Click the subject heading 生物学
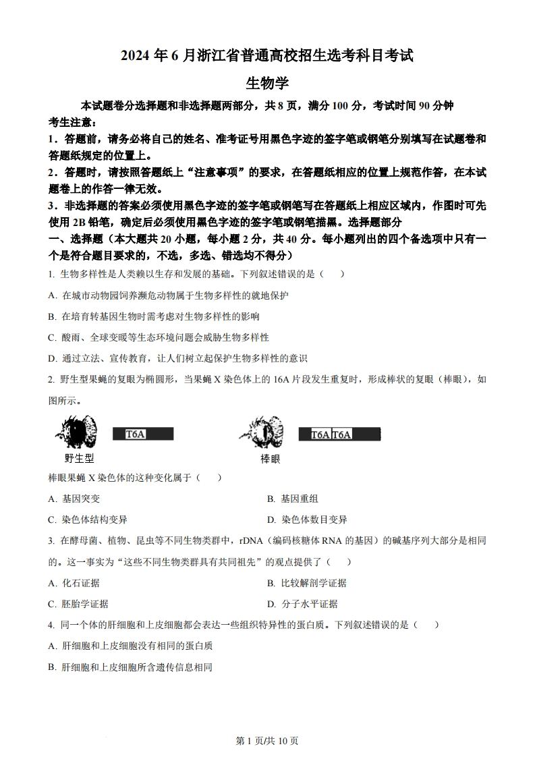[267, 84]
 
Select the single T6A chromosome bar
[143, 434]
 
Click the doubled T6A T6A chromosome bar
[339, 434]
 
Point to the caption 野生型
[78, 459]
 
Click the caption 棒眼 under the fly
[270, 459]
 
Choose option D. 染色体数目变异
[306, 520]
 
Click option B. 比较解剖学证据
[306, 583]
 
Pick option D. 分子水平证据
[302, 604]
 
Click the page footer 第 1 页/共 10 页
[267, 741]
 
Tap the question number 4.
[51, 625]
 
